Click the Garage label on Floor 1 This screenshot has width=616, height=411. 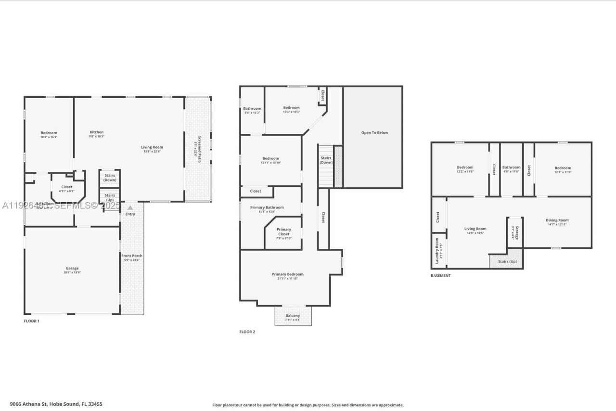[72, 268]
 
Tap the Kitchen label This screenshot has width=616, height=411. [97, 132]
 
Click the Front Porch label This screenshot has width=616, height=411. [131, 256]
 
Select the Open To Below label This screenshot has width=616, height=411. [374, 133]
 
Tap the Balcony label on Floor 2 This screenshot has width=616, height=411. [293, 316]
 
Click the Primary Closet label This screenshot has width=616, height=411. [284, 232]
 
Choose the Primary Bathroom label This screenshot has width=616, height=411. [267, 207]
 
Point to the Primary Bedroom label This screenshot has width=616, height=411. [287, 274]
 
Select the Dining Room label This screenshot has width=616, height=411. [557, 220]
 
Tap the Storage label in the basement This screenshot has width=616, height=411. [516, 232]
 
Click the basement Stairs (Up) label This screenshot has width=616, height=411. [507, 262]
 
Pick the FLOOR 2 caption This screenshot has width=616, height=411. [247, 332]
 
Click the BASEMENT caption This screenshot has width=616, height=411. [440, 276]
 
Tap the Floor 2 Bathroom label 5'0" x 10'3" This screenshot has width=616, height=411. [252, 109]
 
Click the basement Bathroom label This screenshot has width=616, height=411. [511, 167]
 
